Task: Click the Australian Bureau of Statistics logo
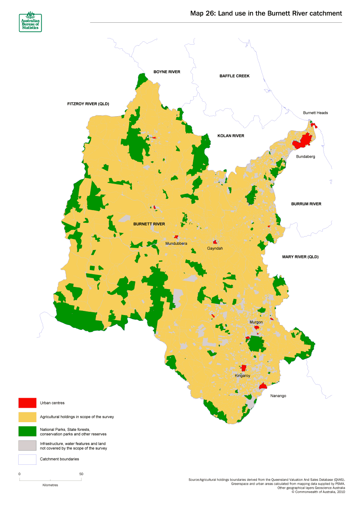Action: pyautogui.click(x=30, y=21)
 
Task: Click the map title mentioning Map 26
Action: pyautogui.click(x=266, y=13)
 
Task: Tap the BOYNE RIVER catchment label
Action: pyautogui.click(x=167, y=72)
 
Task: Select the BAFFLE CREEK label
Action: pyautogui.click(x=234, y=76)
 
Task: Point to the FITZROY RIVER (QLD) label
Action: pyautogui.click(x=88, y=104)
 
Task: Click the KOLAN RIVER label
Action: pyautogui.click(x=230, y=136)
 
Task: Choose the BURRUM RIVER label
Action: pyautogui.click(x=306, y=204)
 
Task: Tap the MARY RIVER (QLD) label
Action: pyautogui.click(x=300, y=257)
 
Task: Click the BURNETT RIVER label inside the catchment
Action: pyautogui.click(x=149, y=224)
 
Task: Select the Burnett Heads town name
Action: pyautogui.click(x=315, y=113)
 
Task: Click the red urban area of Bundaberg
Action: pyautogui.click(x=303, y=141)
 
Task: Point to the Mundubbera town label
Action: pyautogui.click(x=176, y=244)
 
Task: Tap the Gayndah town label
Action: pyautogui.click(x=215, y=248)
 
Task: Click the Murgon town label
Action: pyautogui.click(x=256, y=322)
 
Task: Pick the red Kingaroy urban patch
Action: pyautogui.click(x=244, y=368)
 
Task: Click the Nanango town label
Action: pyautogui.click(x=278, y=396)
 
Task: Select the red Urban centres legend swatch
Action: pyautogui.click(x=27, y=403)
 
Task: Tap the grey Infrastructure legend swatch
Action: pyautogui.click(x=27, y=446)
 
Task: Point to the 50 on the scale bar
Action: pyautogui.click(x=81, y=474)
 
